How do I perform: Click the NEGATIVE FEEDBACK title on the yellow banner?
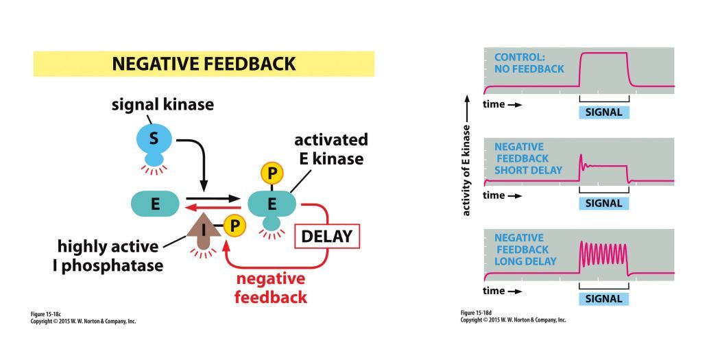coord(204,64)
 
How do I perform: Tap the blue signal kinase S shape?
coord(154,141)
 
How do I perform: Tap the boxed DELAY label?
coord(326,237)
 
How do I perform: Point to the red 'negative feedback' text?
coord(270,288)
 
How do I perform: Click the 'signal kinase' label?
coord(163,105)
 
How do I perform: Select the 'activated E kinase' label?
coord(331,149)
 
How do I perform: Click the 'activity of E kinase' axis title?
coord(467,171)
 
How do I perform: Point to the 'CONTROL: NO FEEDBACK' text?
coord(529,63)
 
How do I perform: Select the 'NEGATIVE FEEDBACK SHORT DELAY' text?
coord(528,158)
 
